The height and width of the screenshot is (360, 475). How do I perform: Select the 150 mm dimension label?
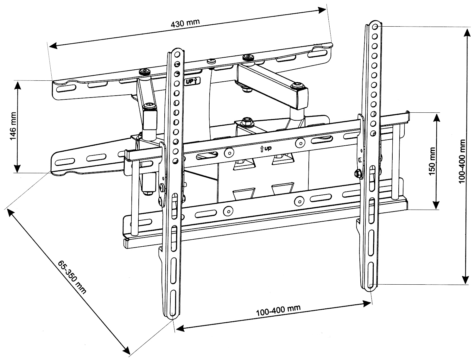[431, 161]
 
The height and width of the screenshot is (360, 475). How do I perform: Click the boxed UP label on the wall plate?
[192, 81]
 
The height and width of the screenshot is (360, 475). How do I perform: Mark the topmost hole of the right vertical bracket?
[375, 26]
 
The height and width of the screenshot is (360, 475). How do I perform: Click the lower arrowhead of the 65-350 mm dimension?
[127, 350]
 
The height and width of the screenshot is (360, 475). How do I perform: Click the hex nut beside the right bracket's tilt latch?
[358, 173]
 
